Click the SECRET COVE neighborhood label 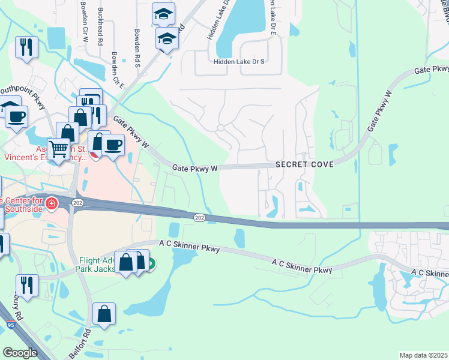pyautogui.click(x=304, y=164)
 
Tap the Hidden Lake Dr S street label pyautogui.click(x=239, y=62)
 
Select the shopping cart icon pyautogui.click(x=59, y=148)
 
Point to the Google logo pyautogui.click(x=20, y=353)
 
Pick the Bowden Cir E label pyautogui.click(x=118, y=71)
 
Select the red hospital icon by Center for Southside pyautogui.click(x=52, y=203)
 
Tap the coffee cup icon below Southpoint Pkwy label pyautogui.click(x=17, y=115)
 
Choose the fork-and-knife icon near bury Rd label pyautogui.click(x=27, y=284)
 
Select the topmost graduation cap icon pyautogui.click(x=163, y=14)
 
